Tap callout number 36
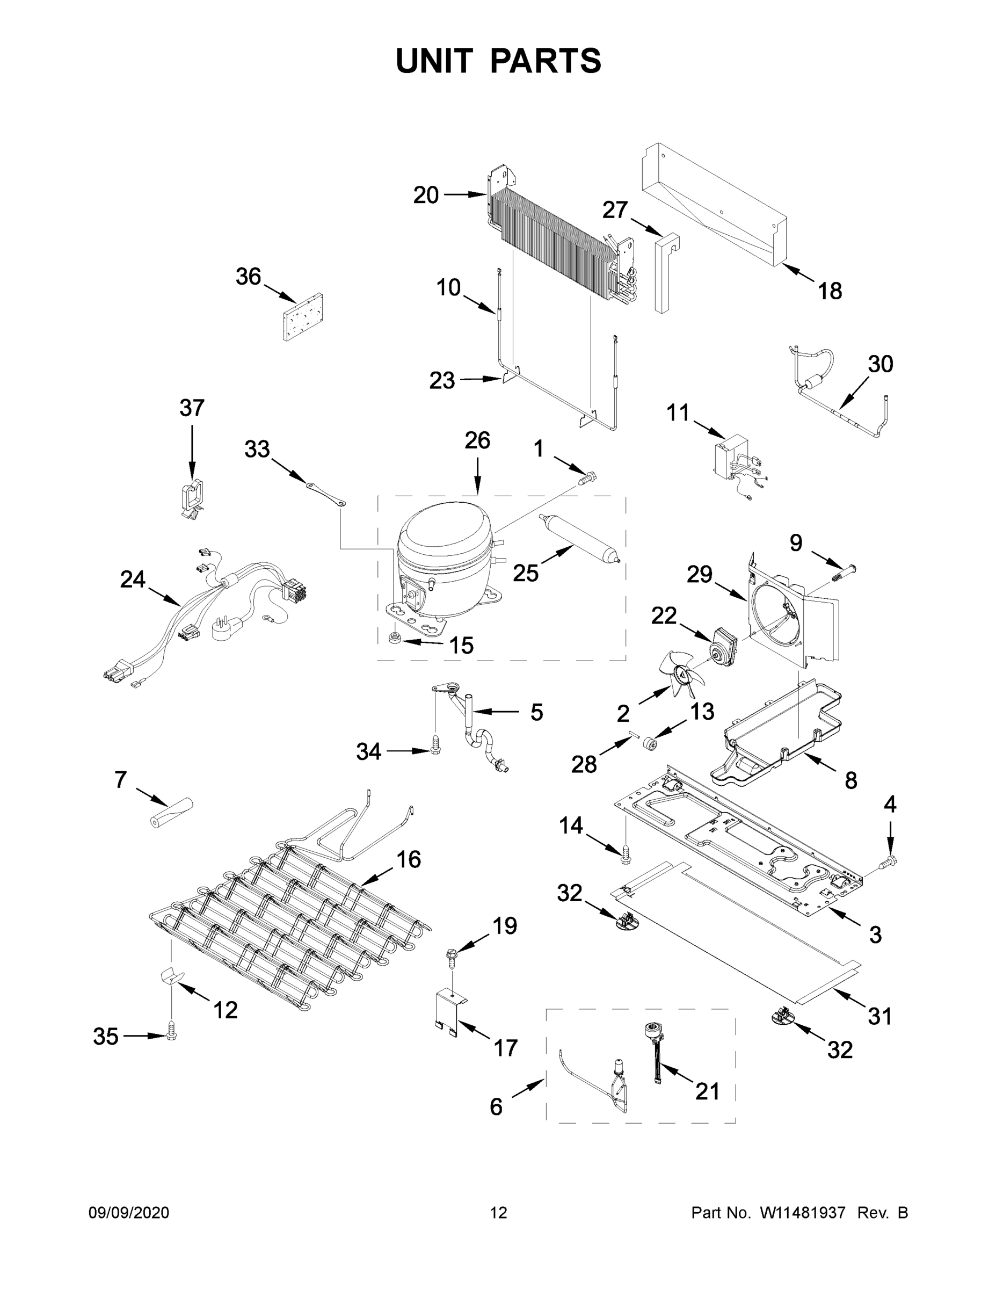pyautogui.click(x=248, y=276)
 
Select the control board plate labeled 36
pyautogui.click(x=304, y=317)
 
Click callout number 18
pyautogui.click(x=829, y=291)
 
